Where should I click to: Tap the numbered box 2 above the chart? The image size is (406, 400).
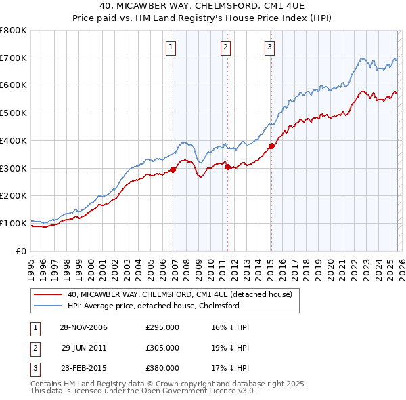point(225,47)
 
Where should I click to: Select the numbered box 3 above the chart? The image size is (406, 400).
point(269,47)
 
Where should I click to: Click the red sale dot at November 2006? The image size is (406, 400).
point(173,169)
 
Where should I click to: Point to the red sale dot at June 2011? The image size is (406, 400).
point(227,167)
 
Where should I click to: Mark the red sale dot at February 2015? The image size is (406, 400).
point(271,146)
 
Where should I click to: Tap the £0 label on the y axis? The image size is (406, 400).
point(22,251)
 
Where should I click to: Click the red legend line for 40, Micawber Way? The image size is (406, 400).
point(47,294)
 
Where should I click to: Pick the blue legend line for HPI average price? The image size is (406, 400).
point(47,306)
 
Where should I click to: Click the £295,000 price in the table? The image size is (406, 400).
point(162,327)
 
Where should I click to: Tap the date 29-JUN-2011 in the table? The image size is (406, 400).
point(85,347)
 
